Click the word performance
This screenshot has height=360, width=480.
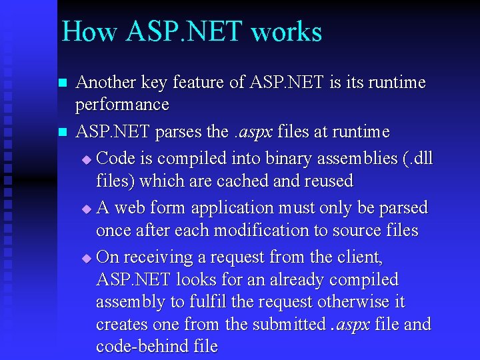click(x=123, y=105)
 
